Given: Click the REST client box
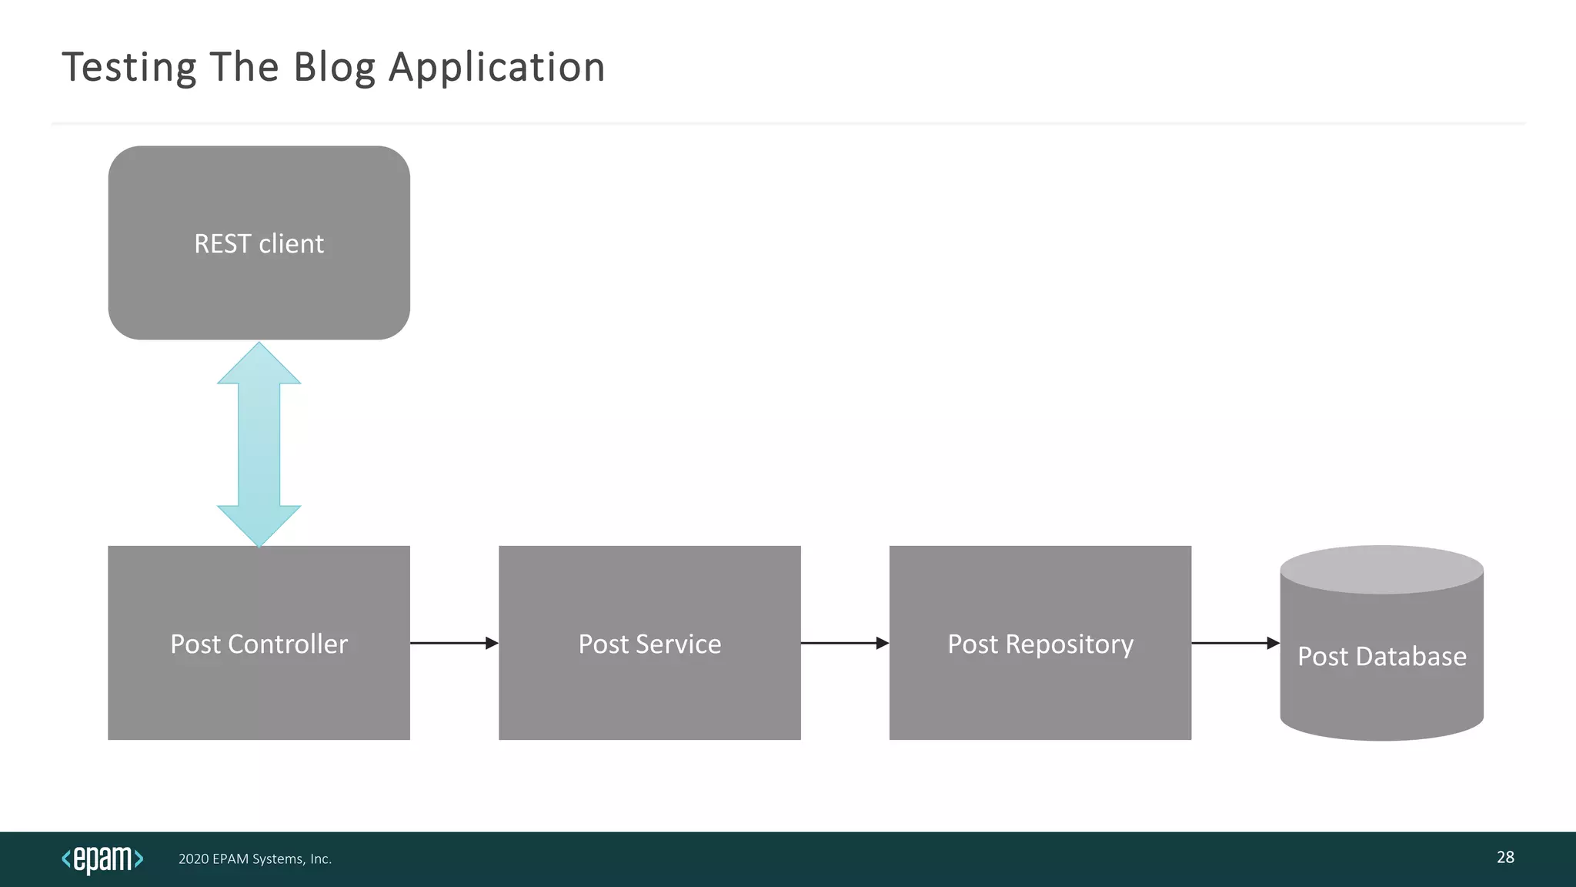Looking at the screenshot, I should coord(259,243).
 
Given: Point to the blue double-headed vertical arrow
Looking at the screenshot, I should coord(259,445).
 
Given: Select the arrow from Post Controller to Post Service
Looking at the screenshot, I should coord(454,643).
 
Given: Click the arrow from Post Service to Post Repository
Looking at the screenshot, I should coord(845,643).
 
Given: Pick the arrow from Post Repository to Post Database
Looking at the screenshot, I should coord(1235,643).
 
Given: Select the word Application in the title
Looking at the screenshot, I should coord(497,68).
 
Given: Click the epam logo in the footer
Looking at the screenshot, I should coord(102,859).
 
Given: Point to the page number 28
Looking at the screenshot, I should coord(1505,857).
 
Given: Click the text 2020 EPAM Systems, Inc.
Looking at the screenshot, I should coord(255,859).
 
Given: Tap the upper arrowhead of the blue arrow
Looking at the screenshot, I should coord(259,366).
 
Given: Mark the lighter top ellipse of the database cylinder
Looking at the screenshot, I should coord(1381,570).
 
